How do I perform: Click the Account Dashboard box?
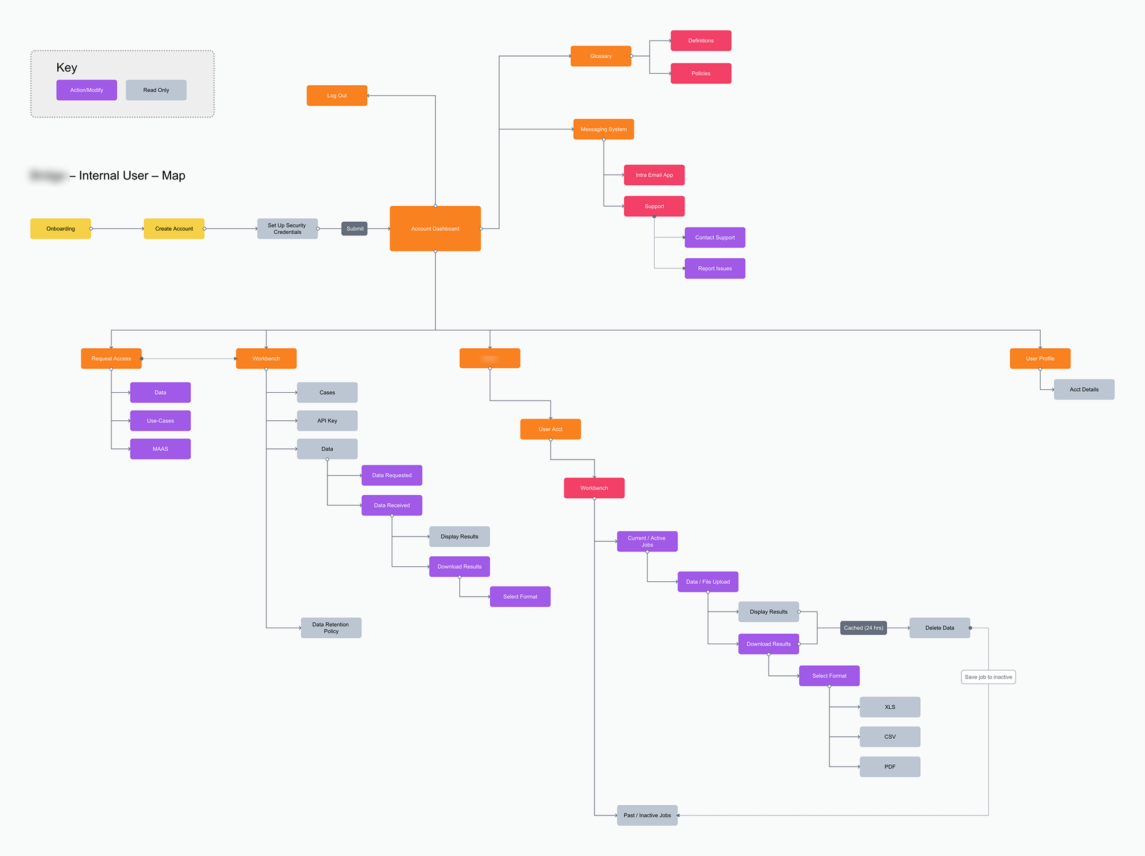(x=435, y=228)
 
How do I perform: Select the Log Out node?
(x=337, y=95)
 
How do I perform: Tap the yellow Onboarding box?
(x=61, y=228)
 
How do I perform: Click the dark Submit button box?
(x=355, y=228)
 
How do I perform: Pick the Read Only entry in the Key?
(x=156, y=90)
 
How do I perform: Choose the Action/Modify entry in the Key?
(x=86, y=90)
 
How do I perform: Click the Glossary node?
(x=601, y=56)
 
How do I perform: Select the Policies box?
(x=701, y=73)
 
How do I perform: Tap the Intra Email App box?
(x=654, y=175)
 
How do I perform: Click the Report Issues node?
(x=715, y=268)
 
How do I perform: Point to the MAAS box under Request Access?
(x=160, y=449)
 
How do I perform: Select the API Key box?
(x=327, y=421)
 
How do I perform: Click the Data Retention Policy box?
(x=331, y=628)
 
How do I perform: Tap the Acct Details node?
(x=1084, y=389)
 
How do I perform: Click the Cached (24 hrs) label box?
(x=863, y=628)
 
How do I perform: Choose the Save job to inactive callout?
(x=988, y=677)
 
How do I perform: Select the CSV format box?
(x=890, y=737)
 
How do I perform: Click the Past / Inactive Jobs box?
(x=647, y=815)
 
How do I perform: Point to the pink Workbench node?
(x=594, y=488)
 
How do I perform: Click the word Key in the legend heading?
(x=67, y=67)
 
